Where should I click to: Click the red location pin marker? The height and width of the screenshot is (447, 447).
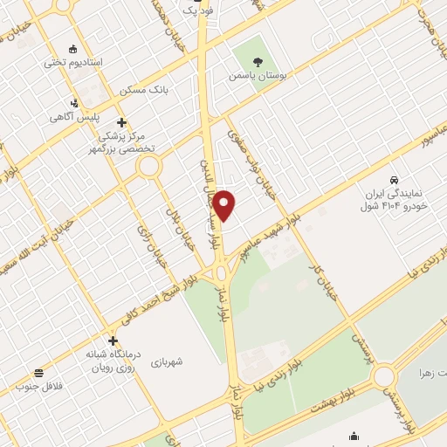pos(225,205)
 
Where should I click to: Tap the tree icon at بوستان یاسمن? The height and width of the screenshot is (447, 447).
pos(258,61)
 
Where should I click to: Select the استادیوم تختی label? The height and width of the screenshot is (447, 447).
pos(73,64)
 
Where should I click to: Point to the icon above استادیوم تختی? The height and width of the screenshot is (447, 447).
pos(73,49)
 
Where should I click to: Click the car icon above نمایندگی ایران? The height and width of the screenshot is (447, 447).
pos(395,175)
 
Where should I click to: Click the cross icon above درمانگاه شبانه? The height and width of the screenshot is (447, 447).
pos(113,340)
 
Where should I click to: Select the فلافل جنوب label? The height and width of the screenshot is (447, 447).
pos(35,389)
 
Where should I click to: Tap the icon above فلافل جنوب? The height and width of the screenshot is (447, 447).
pos(39,374)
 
